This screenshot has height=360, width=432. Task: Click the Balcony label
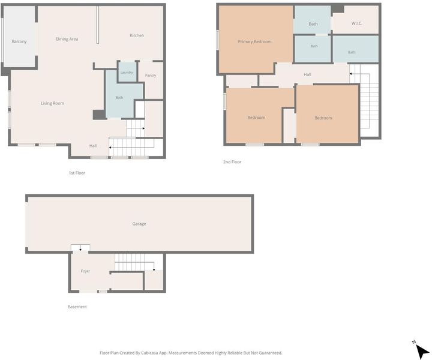click(x=19, y=41)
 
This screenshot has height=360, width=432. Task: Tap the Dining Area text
click(x=67, y=39)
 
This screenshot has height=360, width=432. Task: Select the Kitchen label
click(x=137, y=35)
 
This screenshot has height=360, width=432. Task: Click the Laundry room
click(x=127, y=72)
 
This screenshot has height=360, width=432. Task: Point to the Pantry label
click(x=151, y=75)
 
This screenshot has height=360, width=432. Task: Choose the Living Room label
click(x=52, y=103)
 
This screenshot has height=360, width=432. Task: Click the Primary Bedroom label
click(x=254, y=41)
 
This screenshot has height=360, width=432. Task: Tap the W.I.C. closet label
click(x=356, y=23)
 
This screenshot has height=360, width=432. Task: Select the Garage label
click(x=139, y=224)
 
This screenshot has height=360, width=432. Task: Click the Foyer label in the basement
click(x=85, y=271)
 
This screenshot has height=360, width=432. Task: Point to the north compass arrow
click(x=422, y=350)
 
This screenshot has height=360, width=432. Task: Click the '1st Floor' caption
click(x=77, y=173)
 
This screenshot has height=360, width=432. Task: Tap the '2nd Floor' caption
click(x=232, y=162)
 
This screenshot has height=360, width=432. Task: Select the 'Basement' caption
click(x=77, y=307)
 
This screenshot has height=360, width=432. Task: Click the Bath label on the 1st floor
click(x=119, y=98)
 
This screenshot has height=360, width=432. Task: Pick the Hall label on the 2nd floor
click(x=307, y=74)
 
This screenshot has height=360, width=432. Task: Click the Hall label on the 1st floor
click(x=93, y=146)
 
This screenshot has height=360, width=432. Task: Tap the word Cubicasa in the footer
click(x=149, y=353)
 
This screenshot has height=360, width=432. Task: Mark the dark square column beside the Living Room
click(x=99, y=115)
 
